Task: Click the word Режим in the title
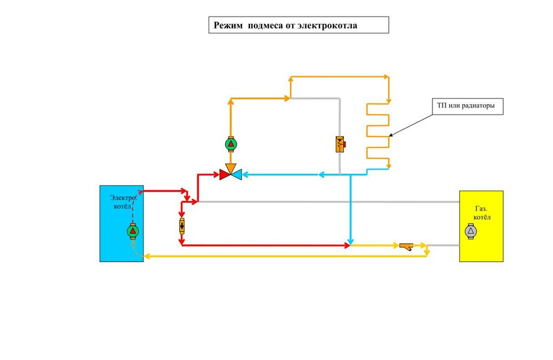[227, 25]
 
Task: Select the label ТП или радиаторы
[468, 105]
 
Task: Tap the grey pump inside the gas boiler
[471, 231]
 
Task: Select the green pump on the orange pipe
[231, 144]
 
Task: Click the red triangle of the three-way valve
[225, 175]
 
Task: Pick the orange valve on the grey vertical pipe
[340, 144]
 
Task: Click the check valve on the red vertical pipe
[181, 226]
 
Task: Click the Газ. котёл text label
[482, 213]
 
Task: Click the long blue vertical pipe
[350, 210]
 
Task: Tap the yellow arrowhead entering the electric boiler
[145, 256]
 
